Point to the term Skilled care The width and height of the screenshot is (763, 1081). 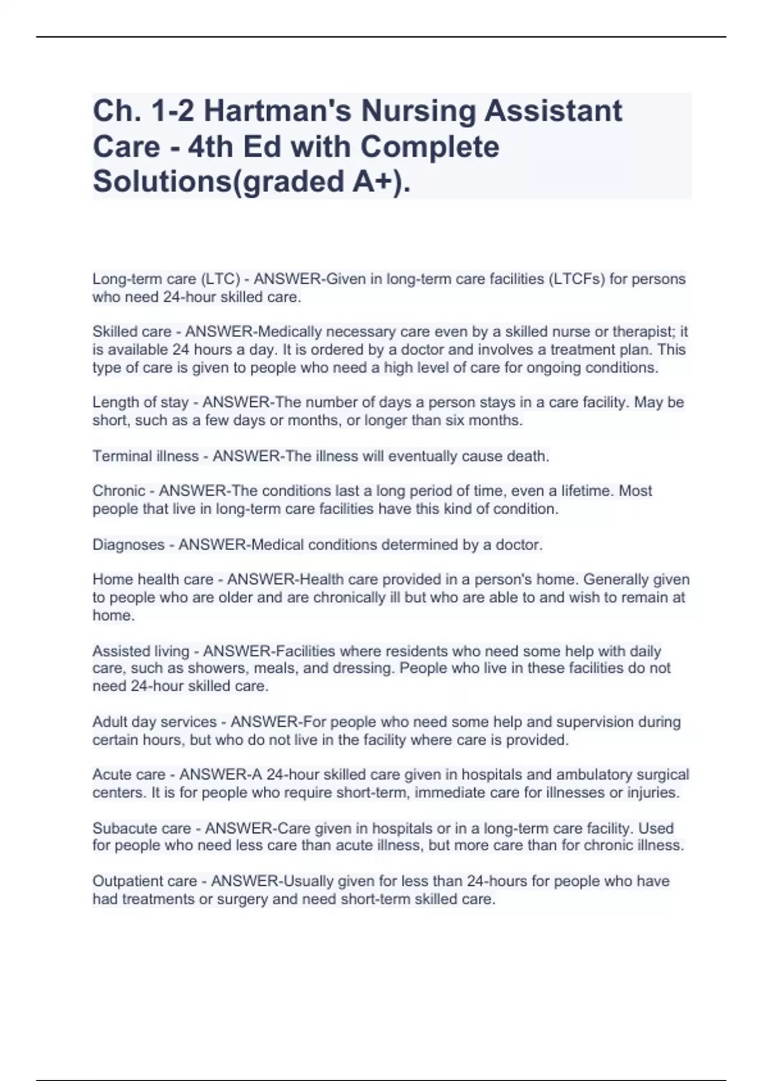[132, 332]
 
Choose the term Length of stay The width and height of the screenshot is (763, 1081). [141, 403]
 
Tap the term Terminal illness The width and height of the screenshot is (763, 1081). [146, 456]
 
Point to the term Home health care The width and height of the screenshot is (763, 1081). [153, 580]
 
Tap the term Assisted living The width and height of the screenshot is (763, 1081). [141, 651]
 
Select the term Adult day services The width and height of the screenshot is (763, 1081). [155, 722]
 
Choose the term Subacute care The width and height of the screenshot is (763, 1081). [142, 829]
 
